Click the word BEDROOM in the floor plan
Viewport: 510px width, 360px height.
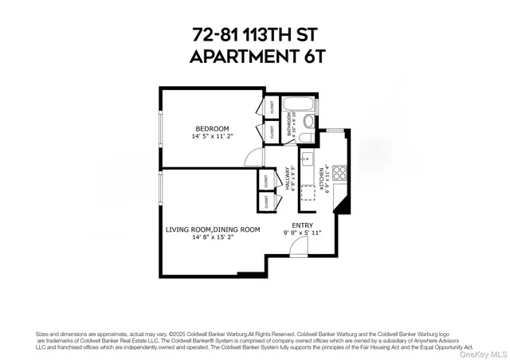point(213,128)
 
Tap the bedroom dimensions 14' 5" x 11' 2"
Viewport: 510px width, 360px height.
point(213,136)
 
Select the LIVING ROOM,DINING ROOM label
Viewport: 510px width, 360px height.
point(213,229)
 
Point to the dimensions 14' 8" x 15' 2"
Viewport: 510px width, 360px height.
point(213,237)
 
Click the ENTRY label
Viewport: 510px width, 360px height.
point(302,225)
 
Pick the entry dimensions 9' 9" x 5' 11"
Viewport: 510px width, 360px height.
point(302,233)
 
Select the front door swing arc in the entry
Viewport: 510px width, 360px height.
point(296,248)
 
